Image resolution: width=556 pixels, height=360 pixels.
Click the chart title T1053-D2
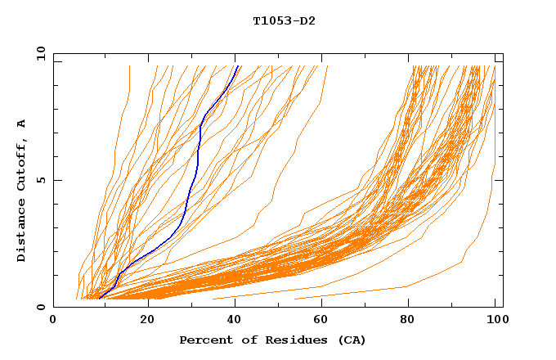(x=284, y=20)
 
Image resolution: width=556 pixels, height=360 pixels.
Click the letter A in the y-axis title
(x=21, y=124)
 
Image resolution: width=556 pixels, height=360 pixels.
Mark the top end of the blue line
(x=238, y=66)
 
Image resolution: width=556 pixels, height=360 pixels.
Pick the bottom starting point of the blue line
(x=99, y=298)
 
